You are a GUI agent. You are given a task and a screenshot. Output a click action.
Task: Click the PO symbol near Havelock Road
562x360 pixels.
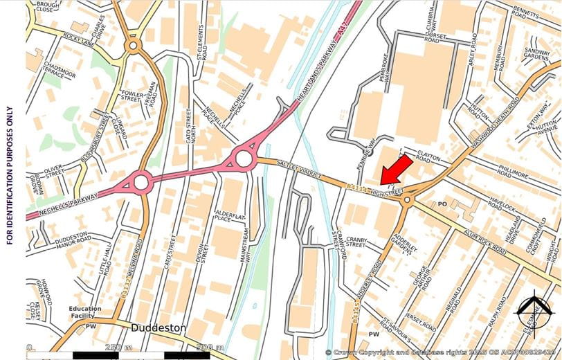click(444, 204)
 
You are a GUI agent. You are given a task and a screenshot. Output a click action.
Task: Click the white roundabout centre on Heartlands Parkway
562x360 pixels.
click(244, 159)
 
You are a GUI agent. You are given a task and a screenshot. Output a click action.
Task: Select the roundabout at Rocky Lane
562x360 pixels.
click(133, 46)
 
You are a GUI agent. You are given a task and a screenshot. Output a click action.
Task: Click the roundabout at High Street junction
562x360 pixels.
click(406, 200)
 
